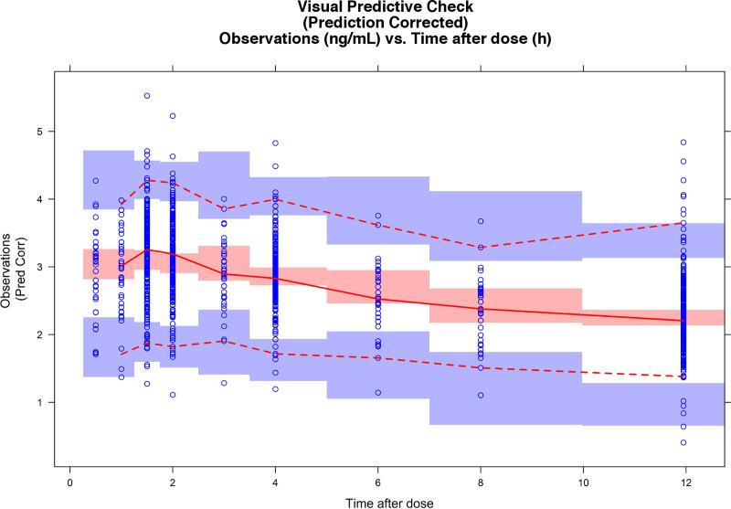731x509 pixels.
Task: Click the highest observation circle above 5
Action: click(x=146, y=96)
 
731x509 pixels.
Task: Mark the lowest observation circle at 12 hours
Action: click(x=683, y=442)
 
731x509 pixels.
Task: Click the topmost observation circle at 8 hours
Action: click(x=479, y=221)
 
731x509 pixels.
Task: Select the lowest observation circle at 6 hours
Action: click(x=376, y=393)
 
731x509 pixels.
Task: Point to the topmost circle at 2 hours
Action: click(x=172, y=116)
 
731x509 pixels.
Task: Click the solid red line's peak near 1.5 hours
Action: click(x=146, y=249)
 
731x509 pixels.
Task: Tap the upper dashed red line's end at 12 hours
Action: click(x=683, y=222)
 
